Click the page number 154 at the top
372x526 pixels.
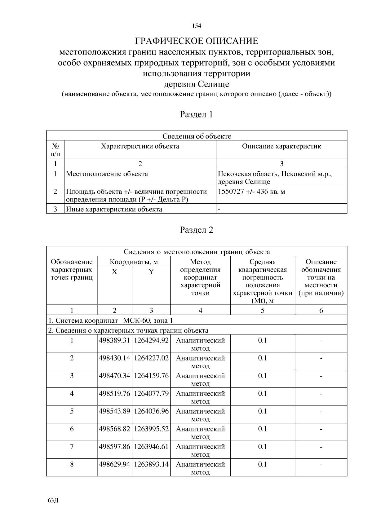[197, 26]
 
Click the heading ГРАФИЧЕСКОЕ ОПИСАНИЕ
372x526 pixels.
[197, 41]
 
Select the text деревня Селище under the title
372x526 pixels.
[197, 84]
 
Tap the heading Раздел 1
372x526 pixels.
[197, 114]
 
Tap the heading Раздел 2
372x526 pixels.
[197, 230]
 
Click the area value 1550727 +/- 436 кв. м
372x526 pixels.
[251, 192]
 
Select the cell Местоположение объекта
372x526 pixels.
[107, 174]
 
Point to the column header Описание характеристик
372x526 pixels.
[281, 146]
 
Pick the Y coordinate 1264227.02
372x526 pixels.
[151, 358]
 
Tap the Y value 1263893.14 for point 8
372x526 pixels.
[151, 464]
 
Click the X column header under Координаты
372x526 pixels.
[114, 272]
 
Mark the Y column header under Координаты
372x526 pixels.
[151, 272]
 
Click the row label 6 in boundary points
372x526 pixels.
[72, 429]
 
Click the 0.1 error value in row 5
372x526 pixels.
[262, 411]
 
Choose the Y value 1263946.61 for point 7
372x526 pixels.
[151, 447]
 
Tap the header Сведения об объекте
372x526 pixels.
[197, 136]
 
